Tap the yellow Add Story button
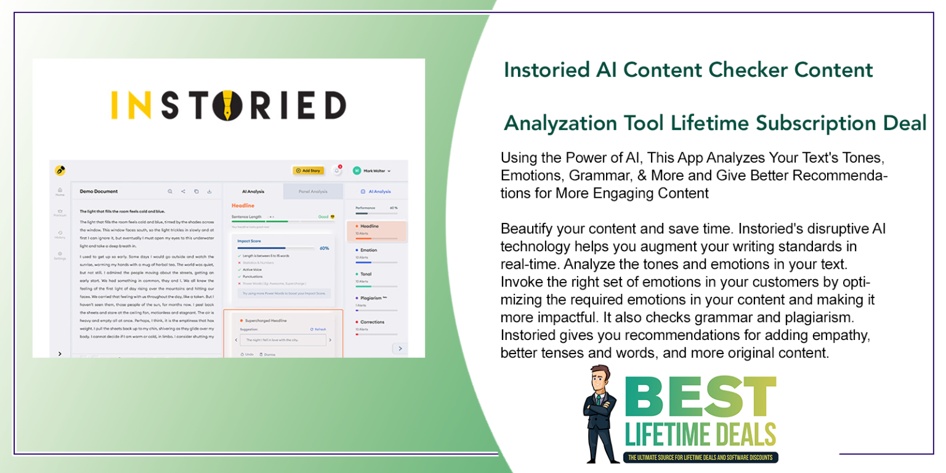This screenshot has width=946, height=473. pyautogui.click(x=308, y=171)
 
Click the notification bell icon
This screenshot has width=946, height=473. pyautogui.click(x=337, y=171)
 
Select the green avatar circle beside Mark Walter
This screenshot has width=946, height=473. pyautogui.click(x=357, y=171)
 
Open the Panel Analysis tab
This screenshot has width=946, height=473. pyautogui.click(x=313, y=192)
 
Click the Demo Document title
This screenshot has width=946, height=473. pyautogui.click(x=99, y=192)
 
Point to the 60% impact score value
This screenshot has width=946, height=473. pyautogui.click(x=325, y=248)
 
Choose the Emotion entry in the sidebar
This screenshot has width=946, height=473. pyautogui.click(x=369, y=250)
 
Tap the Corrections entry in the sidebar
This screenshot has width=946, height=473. pyautogui.click(x=371, y=321)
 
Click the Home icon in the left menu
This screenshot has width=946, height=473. pyautogui.click(x=60, y=191)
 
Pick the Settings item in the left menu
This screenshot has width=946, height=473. pyautogui.click(x=60, y=255)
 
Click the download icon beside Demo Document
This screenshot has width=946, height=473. pyautogui.click(x=209, y=192)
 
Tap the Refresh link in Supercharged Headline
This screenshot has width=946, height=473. pyautogui.click(x=318, y=329)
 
